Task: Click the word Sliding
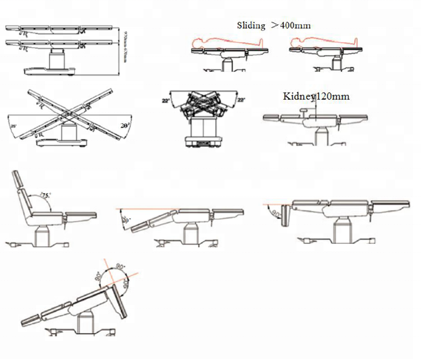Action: (x=251, y=26)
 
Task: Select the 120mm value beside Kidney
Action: (x=333, y=96)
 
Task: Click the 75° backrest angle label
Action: (x=46, y=196)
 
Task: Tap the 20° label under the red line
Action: (x=127, y=220)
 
